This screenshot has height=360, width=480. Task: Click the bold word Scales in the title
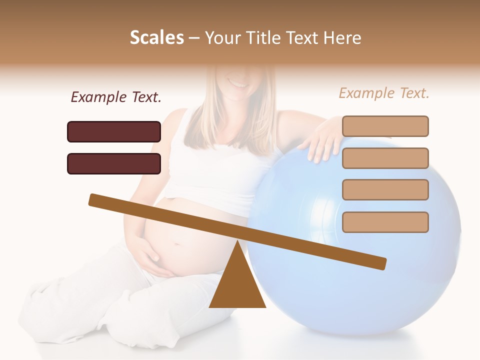156,38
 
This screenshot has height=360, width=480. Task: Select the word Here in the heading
341,38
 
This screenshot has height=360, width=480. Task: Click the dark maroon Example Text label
116,97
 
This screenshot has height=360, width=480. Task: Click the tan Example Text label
384,93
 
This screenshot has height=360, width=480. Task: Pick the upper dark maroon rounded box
114,131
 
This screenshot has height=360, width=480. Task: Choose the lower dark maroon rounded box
114,163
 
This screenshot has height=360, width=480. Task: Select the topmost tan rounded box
385,126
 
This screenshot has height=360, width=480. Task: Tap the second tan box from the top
385,158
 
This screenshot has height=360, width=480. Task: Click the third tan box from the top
385,190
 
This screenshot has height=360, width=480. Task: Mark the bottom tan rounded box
385,222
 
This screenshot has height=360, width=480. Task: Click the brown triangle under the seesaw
237,285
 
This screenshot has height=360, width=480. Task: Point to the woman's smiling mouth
239,82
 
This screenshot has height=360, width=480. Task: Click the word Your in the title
222,38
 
